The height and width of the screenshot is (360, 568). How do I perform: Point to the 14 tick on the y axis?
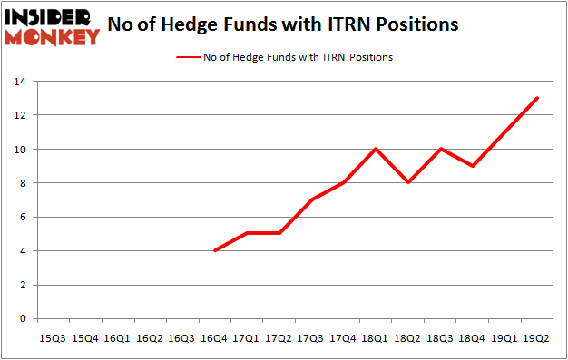19,82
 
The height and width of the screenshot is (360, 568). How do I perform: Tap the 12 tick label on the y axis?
19,115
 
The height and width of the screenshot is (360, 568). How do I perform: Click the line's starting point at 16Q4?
213,250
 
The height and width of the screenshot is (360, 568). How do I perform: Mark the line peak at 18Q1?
376,149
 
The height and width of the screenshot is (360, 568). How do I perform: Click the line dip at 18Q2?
407,182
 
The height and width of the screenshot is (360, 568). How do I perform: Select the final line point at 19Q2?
537,98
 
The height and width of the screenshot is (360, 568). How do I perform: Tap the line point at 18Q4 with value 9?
473,166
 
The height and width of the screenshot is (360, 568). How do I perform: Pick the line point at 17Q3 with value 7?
310,199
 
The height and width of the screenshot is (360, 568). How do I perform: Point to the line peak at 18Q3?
440,149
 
